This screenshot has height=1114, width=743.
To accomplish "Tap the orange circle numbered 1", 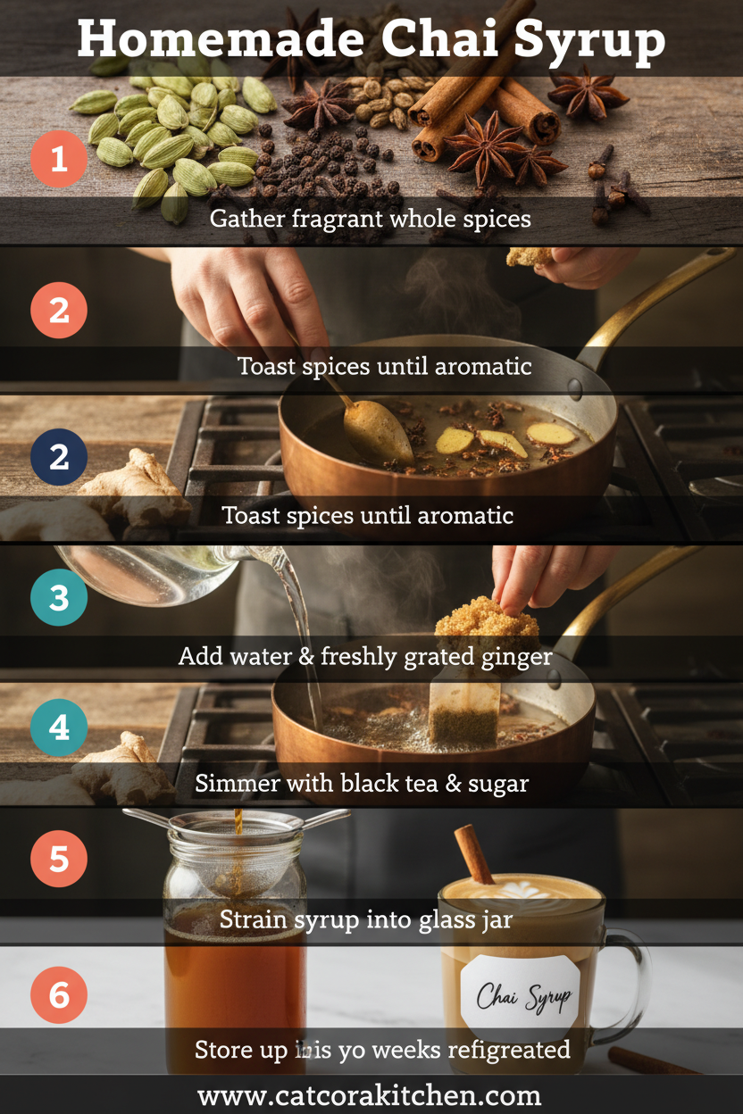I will tap(59, 159).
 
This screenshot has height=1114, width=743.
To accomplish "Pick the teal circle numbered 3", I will tap(59, 597).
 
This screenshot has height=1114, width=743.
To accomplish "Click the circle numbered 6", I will tap(59, 993).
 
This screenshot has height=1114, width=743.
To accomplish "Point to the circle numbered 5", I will tap(59, 859).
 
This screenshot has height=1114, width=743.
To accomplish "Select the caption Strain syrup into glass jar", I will tap(366, 919).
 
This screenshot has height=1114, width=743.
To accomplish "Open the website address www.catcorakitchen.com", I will tap(370, 1095).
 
